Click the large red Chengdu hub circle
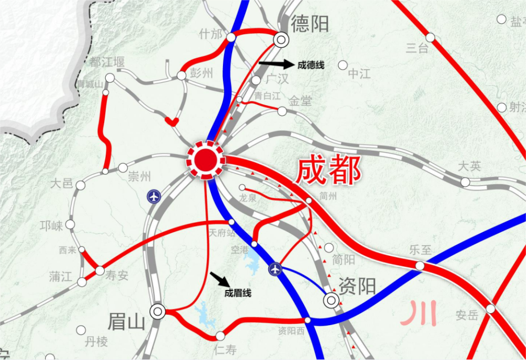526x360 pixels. tap(206, 158)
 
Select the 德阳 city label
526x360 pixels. tap(310, 24)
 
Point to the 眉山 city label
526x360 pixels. tap(126, 321)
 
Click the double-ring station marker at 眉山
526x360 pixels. tap(158, 312)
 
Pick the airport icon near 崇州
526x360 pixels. tap(154, 197)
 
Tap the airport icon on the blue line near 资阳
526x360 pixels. tap(275, 269)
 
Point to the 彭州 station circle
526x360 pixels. tap(181, 76)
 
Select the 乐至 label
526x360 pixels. tap(421, 250)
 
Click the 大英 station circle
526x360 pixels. tap(466, 182)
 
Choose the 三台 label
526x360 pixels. tap(417, 48)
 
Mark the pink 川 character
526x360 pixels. tap(419, 314)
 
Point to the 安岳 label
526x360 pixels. tap(467, 316)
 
